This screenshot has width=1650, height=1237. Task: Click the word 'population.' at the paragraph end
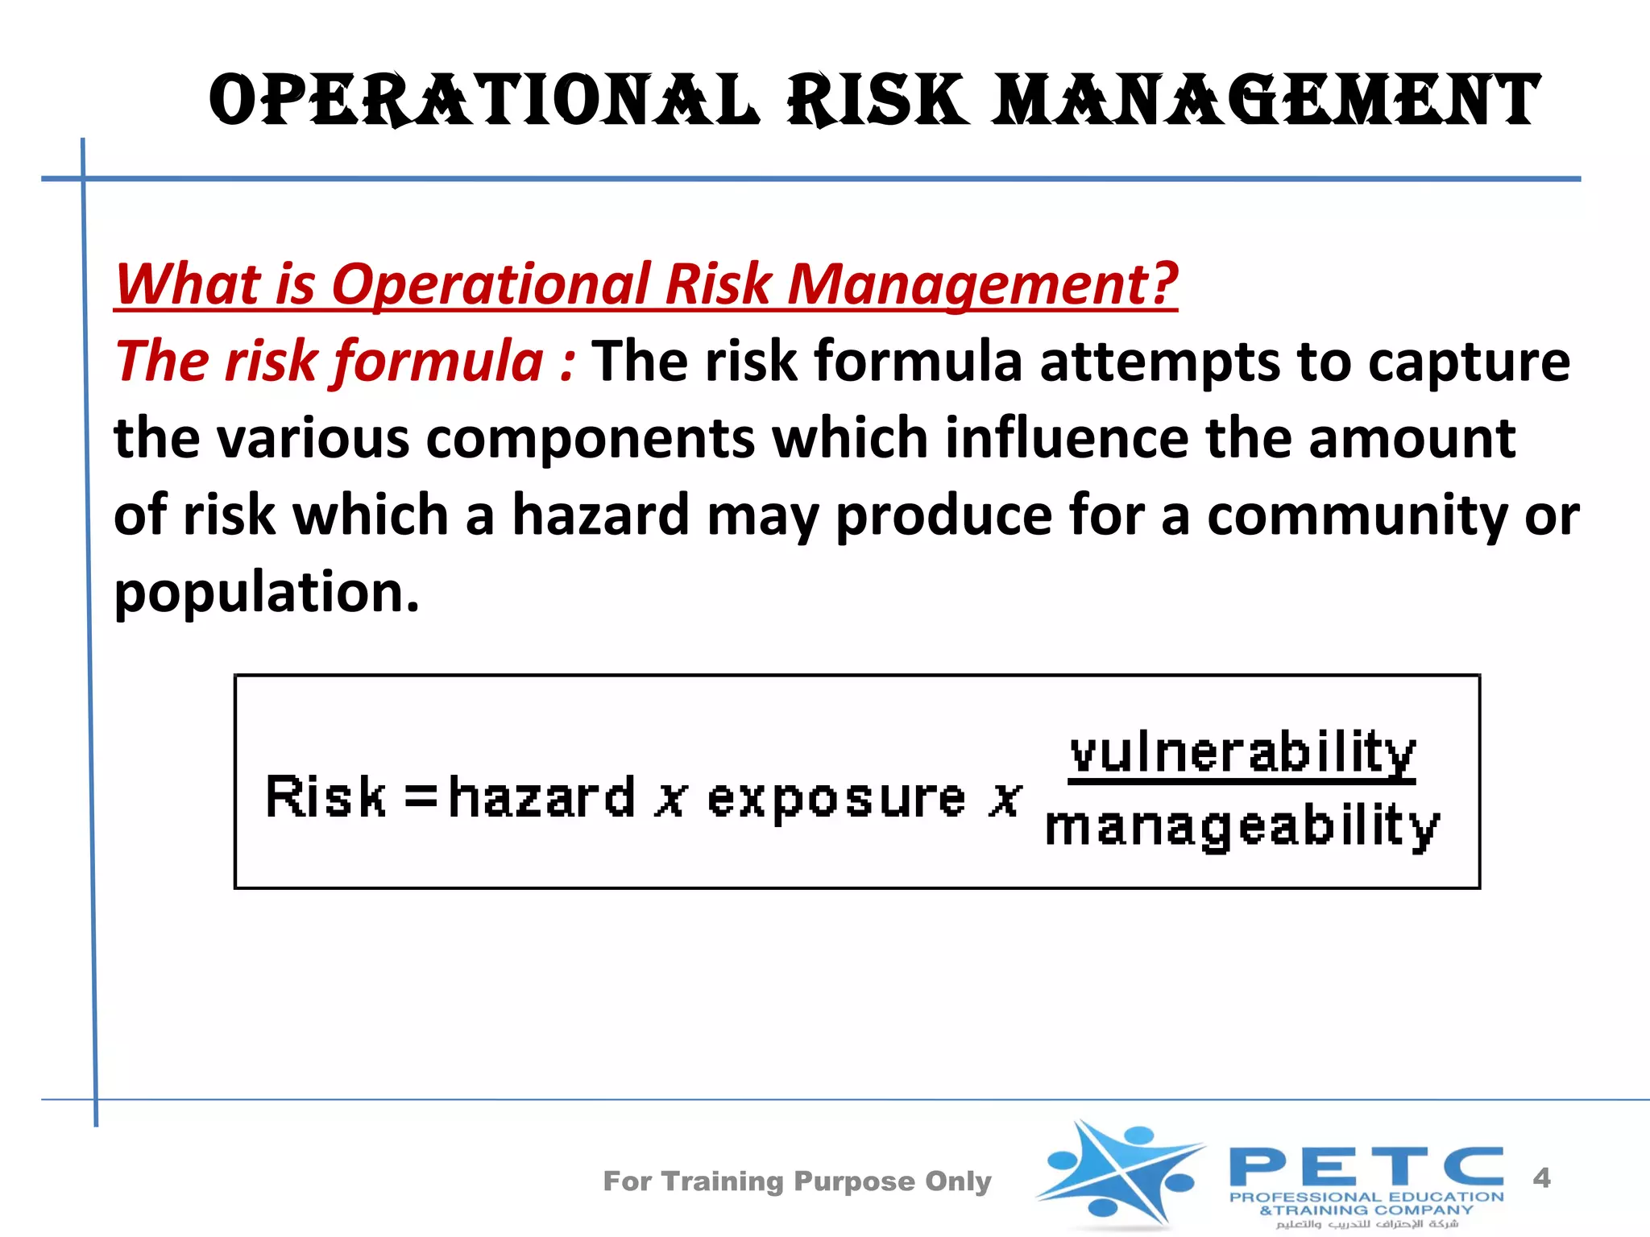coord(267,592)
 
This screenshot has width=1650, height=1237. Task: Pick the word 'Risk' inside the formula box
coord(325,796)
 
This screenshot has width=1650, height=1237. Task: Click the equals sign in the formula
coord(421,798)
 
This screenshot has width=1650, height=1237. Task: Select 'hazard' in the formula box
coord(541,796)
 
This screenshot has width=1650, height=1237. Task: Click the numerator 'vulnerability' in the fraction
coord(1242,753)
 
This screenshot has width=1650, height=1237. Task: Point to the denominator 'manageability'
coord(1242,826)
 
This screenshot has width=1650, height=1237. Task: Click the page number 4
coord(1541,1178)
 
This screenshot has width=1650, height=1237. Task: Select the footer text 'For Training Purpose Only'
coord(797,1181)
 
